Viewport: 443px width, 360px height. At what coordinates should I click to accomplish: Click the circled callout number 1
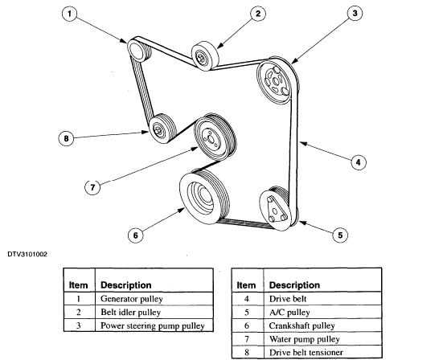(x=69, y=14)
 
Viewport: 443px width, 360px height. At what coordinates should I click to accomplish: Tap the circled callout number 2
(x=257, y=14)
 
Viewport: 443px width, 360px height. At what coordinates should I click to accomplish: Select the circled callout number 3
(x=355, y=13)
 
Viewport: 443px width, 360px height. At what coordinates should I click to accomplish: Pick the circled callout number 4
(x=359, y=162)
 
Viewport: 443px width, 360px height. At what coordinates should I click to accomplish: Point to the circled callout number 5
(x=340, y=235)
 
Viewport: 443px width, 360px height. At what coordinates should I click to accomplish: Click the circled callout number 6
(x=136, y=235)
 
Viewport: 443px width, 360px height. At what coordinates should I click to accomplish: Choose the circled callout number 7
(x=92, y=187)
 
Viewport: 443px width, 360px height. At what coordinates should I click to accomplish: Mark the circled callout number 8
(x=66, y=138)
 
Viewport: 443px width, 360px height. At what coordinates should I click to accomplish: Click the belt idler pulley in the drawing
(x=205, y=56)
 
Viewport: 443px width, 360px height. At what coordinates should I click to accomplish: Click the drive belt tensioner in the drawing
(x=162, y=129)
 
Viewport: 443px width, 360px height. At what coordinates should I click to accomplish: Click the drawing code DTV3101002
(x=27, y=255)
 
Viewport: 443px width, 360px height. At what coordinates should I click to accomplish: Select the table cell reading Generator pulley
(x=132, y=299)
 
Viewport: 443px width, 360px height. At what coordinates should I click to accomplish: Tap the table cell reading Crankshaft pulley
(x=301, y=325)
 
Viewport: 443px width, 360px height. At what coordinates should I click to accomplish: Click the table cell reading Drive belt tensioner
(x=306, y=353)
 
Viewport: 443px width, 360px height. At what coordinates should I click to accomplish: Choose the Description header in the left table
(x=126, y=285)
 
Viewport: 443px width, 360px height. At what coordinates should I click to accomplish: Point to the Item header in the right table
(x=246, y=285)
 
